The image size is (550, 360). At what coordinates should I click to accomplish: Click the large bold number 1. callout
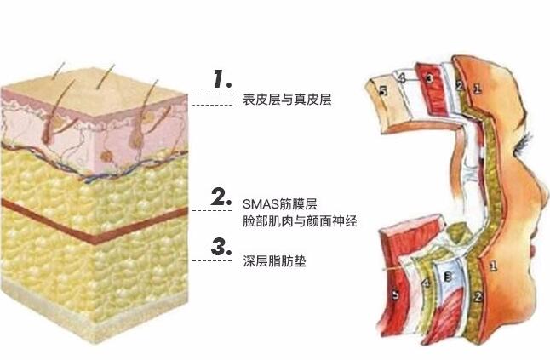point(223,79)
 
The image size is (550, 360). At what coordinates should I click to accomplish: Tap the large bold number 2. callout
point(222,197)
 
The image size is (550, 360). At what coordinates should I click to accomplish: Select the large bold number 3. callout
point(222,247)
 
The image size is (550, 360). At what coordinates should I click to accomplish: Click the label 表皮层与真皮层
point(285,100)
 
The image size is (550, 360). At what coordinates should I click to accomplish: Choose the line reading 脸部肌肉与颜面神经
point(298,221)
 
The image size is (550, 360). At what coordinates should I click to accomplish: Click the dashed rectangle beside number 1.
point(212,99)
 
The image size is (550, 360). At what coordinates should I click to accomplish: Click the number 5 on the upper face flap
point(384,89)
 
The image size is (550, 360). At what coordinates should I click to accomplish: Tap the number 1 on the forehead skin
point(478,86)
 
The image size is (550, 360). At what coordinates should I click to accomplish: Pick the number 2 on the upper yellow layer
point(459,86)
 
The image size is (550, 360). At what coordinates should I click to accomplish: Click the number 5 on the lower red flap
point(394,295)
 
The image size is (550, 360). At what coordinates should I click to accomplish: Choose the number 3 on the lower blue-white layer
point(448,278)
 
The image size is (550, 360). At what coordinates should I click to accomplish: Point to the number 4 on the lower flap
point(426,283)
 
